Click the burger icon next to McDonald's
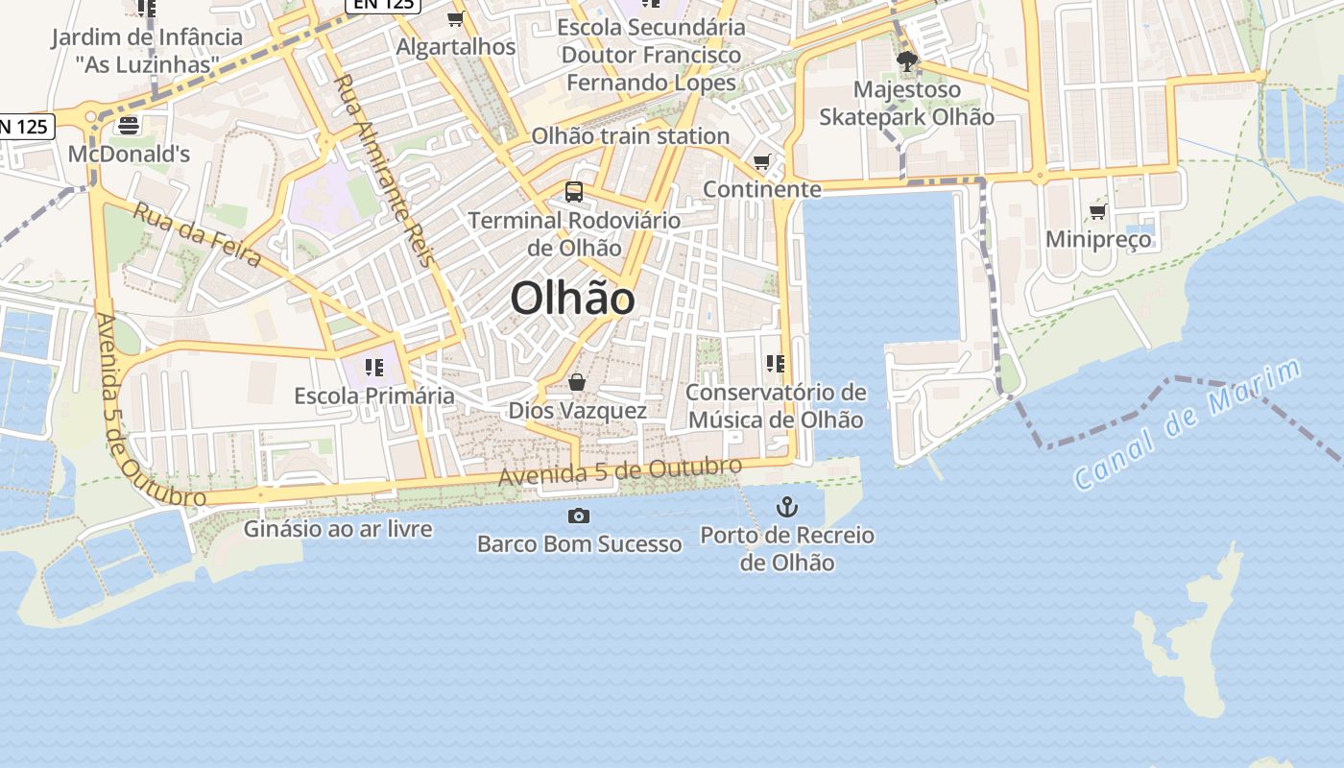pyautogui.click(x=129, y=125)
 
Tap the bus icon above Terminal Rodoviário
pyautogui.click(x=574, y=191)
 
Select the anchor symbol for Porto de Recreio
pyautogui.click(x=787, y=506)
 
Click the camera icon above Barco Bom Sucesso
pyautogui.click(x=578, y=516)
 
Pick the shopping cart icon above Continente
pyautogui.click(x=762, y=161)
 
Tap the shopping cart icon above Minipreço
pyautogui.click(x=1098, y=211)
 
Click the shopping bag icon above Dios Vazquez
pyautogui.click(x=577, y=382)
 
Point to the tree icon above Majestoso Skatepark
pyautogui.click(x=906, y=62)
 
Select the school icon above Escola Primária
pyautogui.click(x=373, y=367)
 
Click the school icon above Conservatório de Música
pyautogui.click(x=776, y=363)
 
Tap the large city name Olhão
pyautogui.click(x=572, y=299)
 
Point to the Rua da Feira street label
pyautogui.click(x=197, y=234)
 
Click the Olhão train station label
pyautogui.click(x=631, y=136)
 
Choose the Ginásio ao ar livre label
pyautogui.click(x=338, y=529)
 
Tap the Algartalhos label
pyautogui.click(x=456, y=46)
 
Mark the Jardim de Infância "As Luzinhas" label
pyautogui.click(x=147, y=51)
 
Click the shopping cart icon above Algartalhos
pyautogui.click(x=456, y=18)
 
